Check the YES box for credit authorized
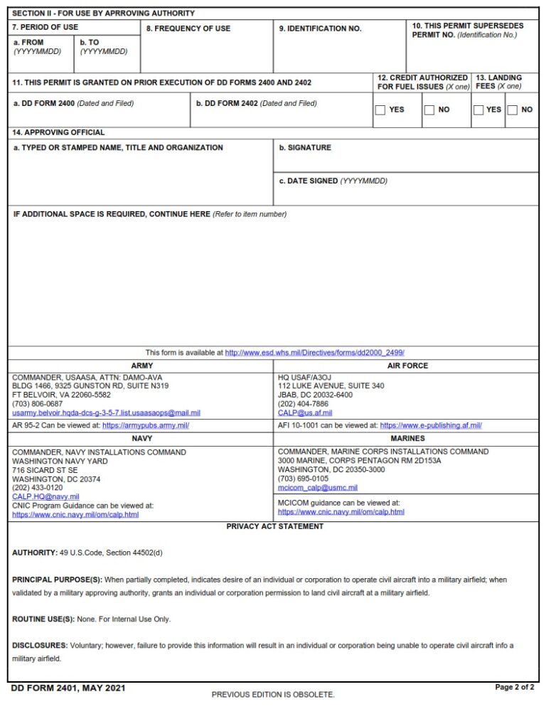(380, 110)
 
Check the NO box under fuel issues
(429, 110)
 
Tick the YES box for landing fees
(478, 110)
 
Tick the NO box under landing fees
(512, 110)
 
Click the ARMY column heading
(141, 366)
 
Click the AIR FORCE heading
(407, 366)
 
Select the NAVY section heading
(141, 439)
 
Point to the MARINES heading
(407, 439)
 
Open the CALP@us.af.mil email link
(295, 412)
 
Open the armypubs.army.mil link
(146, 425)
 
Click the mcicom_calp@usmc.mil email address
(318, 488)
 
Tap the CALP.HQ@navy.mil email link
(45, 496)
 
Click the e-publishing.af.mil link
(431, 425)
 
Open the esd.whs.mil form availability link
(314, 353)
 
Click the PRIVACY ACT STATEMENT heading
(274, 526)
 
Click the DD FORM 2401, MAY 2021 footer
(68, 688)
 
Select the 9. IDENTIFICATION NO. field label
(320, 28)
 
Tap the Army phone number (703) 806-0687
(37, 404)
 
